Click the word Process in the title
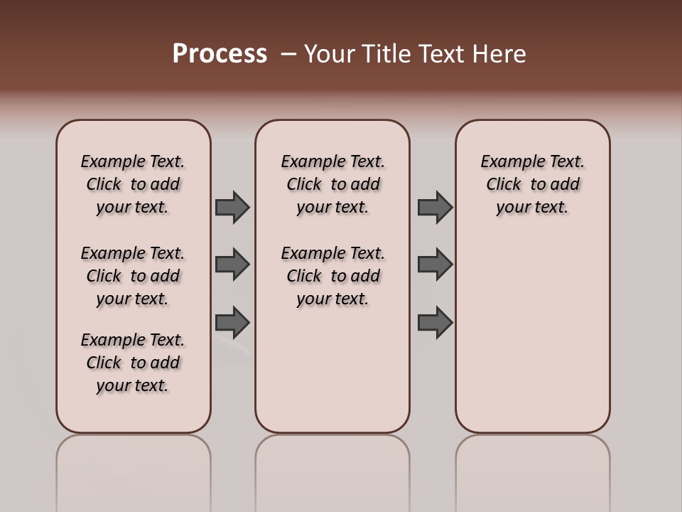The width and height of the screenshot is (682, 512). coord(220,53)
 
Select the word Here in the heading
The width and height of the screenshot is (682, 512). coord(499,54)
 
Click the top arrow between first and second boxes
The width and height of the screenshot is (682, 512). coord(232,207)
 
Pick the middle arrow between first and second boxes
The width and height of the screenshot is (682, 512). coord(232,265)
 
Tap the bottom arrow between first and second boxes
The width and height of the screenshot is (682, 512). coord(232,322)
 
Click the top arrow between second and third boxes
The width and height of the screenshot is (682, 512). coord(435,207)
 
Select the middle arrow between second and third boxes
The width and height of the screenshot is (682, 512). coord(435,265)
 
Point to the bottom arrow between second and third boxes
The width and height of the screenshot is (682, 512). coord(435,322)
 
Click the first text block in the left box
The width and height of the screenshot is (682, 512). coord(133,184)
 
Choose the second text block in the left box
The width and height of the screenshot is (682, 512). coord(133,276)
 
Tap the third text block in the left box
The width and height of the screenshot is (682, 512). coord(133,363)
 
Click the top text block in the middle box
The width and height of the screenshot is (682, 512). coord(332,184)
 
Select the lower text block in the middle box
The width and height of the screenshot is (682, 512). coord(332,276)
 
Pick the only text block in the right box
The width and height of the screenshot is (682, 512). coord(532,184)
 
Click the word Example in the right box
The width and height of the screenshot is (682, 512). coord(509,162)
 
